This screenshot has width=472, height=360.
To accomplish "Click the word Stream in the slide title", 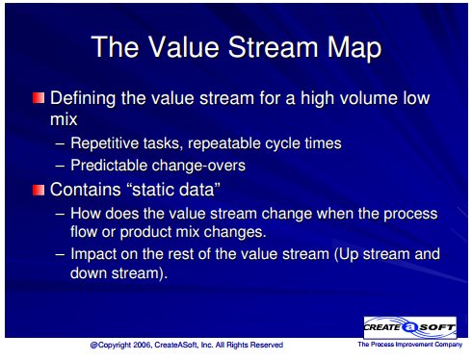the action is click(273, 47).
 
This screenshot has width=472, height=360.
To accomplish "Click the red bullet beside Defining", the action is click(39, 98).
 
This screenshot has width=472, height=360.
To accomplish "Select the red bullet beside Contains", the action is click(39, 190).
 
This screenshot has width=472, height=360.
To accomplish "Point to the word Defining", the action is click(83, 98).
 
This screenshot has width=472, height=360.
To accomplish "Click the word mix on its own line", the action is click(64, 119).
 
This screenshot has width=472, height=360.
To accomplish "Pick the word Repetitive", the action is click(104, 143).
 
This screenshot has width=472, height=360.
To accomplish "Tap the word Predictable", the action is click(109, 166).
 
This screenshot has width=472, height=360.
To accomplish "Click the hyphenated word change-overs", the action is click(198, 166).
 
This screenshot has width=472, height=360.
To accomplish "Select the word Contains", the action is click(85, 190).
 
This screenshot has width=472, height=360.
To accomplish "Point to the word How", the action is click(86, 214).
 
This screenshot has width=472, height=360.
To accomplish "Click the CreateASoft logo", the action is click(409, 327).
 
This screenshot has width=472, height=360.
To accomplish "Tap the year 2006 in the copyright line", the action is click(143, 345).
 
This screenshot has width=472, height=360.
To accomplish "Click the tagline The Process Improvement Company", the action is click(410, 345).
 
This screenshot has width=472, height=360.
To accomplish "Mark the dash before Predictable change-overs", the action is click(60, 167).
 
